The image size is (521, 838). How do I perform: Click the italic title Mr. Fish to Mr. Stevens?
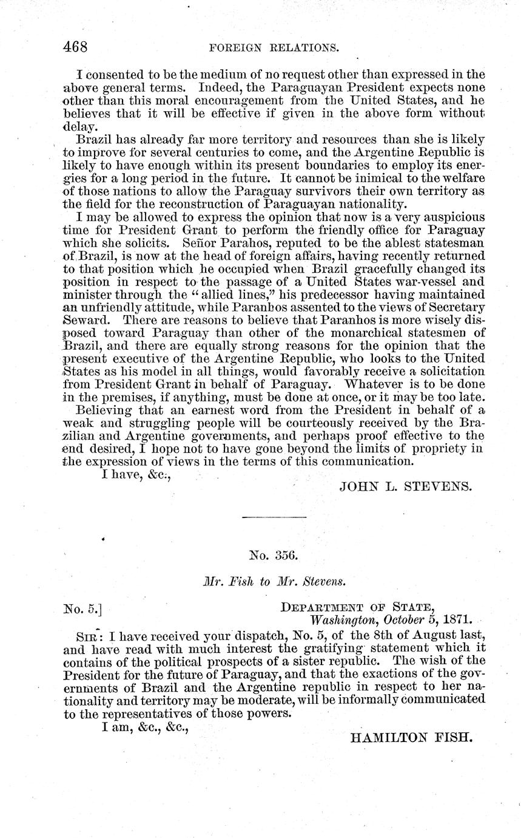(274, 581)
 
